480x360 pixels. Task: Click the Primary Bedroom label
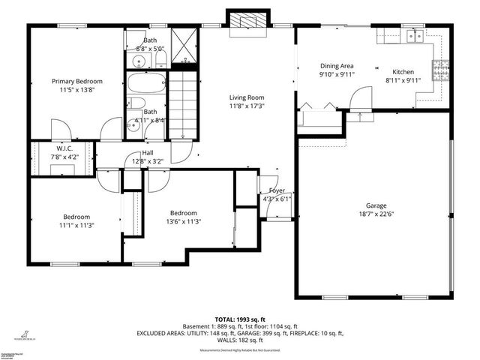tap(76, 81)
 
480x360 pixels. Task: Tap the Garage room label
tap(376, 205)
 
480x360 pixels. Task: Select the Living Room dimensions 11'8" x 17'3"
tap(247, 105)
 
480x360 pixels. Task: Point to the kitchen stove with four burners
tap(442, 70)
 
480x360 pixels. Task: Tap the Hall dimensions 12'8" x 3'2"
tap(148, 161)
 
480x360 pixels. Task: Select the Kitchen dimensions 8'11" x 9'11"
tap(400, 80)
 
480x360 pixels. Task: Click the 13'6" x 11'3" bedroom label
tap(182, 222)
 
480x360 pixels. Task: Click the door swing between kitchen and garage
tap(361, 98)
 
